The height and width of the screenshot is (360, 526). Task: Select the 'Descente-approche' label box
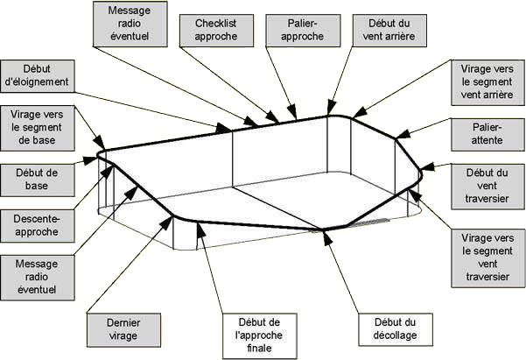pos(37,225)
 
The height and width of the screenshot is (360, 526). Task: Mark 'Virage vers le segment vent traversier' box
pos(483,255)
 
